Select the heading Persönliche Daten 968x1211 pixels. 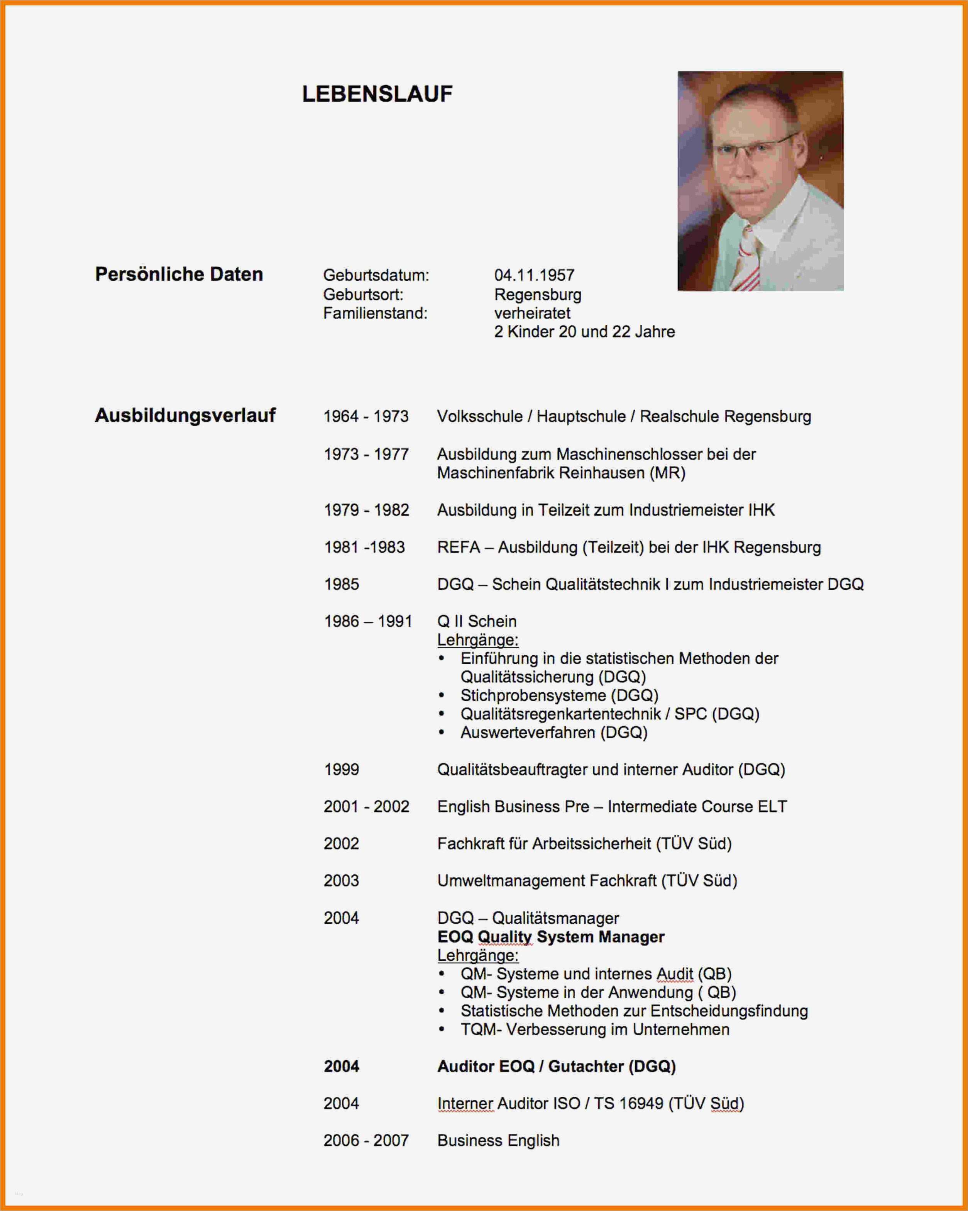click(179, 274)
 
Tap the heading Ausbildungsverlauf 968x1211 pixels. click(185, 415)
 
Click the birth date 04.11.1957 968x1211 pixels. click(534, 275)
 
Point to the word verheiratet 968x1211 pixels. click(532, 313)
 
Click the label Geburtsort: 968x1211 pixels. click(363, 294)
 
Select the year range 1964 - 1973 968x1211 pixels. click(366, 416)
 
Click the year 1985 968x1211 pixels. click(341, 584)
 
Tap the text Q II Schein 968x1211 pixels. click(476, 621)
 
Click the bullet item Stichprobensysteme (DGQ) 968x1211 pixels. click(558, 695)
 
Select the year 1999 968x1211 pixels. click(341, 770)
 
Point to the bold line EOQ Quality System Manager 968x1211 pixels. click(550, 937)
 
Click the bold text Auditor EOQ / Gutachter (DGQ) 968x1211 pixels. click(556, 1066)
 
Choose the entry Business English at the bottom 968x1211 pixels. click(498, 1140)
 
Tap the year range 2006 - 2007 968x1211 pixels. click(366, 1140)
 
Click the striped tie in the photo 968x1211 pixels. click(750, 258)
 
